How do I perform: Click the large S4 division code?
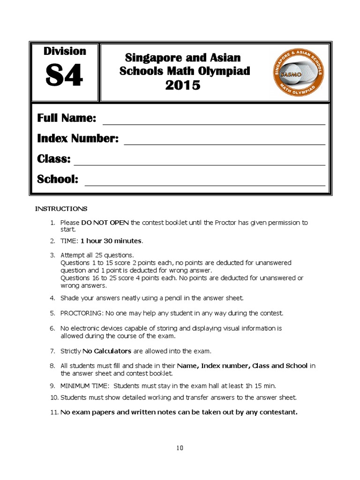tap(64, 76)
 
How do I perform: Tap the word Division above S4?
tap(65, 51)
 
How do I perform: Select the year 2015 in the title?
tap(182, 85)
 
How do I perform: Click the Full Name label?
tap(67, 118)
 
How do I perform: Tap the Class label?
tap(53, 159)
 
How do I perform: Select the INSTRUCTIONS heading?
tap(61, 209)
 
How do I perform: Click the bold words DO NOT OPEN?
tap(105, 223)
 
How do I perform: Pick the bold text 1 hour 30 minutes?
tap(111, 241)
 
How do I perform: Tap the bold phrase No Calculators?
tap(107, 351)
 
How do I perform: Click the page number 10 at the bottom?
tap(180, 448)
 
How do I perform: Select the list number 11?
tap(53, 412)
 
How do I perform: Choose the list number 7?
tap(52, 351)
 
